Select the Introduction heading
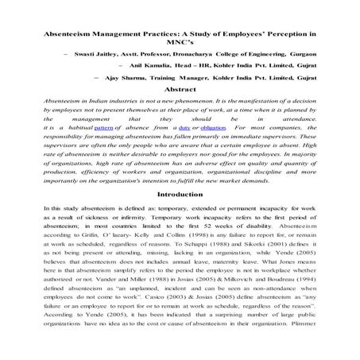180,194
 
